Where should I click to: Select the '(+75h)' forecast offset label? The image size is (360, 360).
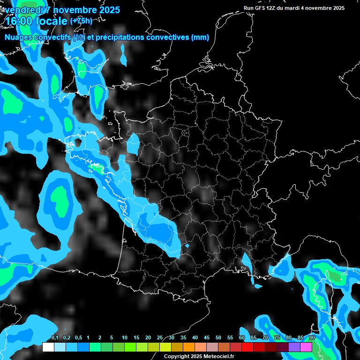tap(81, 21)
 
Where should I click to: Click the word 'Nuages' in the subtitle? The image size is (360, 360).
tap(18, 37)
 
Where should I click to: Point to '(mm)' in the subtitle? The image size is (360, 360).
tap(200, 37)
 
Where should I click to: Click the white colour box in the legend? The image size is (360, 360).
tap(48, 347)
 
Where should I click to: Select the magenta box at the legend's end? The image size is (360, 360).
tap(306, 347)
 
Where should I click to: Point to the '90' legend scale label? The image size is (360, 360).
tap(312, 337)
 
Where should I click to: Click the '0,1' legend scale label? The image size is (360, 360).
tap(55, 337)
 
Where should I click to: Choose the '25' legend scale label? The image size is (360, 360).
tap(160, 337)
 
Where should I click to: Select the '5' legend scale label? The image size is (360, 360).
tap(112, 337)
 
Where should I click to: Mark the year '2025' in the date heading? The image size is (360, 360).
tap(107, 9)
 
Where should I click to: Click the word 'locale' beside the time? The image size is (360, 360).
tap(52, 21)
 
